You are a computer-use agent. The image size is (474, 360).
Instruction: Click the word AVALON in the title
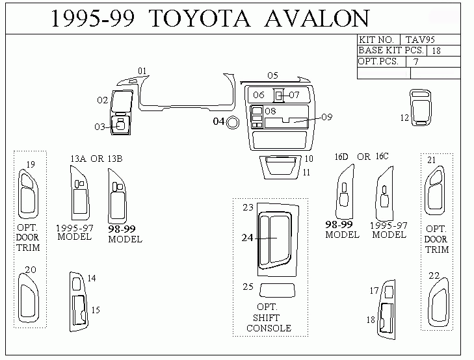click(x=317, y=18)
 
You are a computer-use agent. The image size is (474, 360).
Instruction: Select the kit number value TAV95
click(x=420, y=40)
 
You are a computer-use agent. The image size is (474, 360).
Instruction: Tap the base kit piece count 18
click(x=436, y=51)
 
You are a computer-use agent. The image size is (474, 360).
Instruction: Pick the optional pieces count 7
click(x=416, y=62)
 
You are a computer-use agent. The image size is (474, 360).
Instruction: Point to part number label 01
click(x=142, y=71)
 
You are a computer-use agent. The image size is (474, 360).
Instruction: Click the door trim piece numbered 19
click(x=20, y=194)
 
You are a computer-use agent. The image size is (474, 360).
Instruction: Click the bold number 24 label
click(x=247, y=238)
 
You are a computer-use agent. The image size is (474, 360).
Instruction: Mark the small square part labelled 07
click(x=279, y=96)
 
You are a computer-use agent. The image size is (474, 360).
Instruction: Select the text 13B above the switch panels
click(x=115, y=159)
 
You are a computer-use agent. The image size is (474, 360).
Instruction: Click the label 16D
click(x=341, y=157)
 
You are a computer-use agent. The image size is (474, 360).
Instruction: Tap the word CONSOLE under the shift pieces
click(x=269, y=328)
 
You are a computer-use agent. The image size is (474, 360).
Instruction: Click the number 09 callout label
click(x=327, y=117)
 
